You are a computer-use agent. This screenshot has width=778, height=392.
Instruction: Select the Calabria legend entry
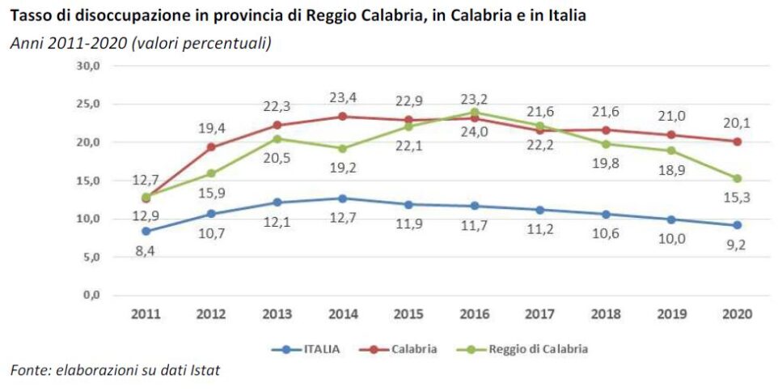point(414,349)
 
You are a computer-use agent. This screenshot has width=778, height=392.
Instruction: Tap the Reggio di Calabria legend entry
point(537,349)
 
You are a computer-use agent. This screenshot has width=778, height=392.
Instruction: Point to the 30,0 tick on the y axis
point(87,66)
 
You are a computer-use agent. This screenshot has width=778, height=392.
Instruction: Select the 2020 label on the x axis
point(737,314)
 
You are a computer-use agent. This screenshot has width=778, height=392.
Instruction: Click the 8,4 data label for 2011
point(145,250)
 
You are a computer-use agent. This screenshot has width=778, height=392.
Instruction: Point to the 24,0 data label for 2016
point(474,132)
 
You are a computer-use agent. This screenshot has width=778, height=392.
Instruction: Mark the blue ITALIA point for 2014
point(343,198)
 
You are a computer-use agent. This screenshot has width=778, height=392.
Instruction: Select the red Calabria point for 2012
point(211,147)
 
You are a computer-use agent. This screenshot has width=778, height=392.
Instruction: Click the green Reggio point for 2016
point(474,113)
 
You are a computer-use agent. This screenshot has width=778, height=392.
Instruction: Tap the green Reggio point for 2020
point(737,178)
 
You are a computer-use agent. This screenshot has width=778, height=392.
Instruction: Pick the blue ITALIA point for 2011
point(146,231)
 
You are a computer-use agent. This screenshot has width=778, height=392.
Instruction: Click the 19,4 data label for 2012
point(211,128)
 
